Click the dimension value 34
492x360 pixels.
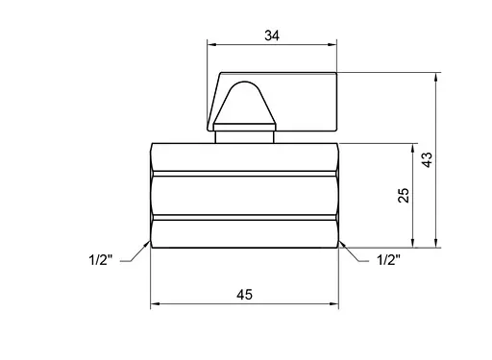272,36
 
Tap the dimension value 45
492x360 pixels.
245,295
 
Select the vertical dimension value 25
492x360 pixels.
404,195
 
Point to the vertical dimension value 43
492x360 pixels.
427,159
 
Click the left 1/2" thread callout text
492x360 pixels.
101,260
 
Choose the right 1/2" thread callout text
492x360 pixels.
388,260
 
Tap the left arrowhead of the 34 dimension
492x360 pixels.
211,45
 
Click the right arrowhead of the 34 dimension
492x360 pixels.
332,45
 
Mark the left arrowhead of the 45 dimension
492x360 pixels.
156,303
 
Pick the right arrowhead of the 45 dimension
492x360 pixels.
333,303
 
